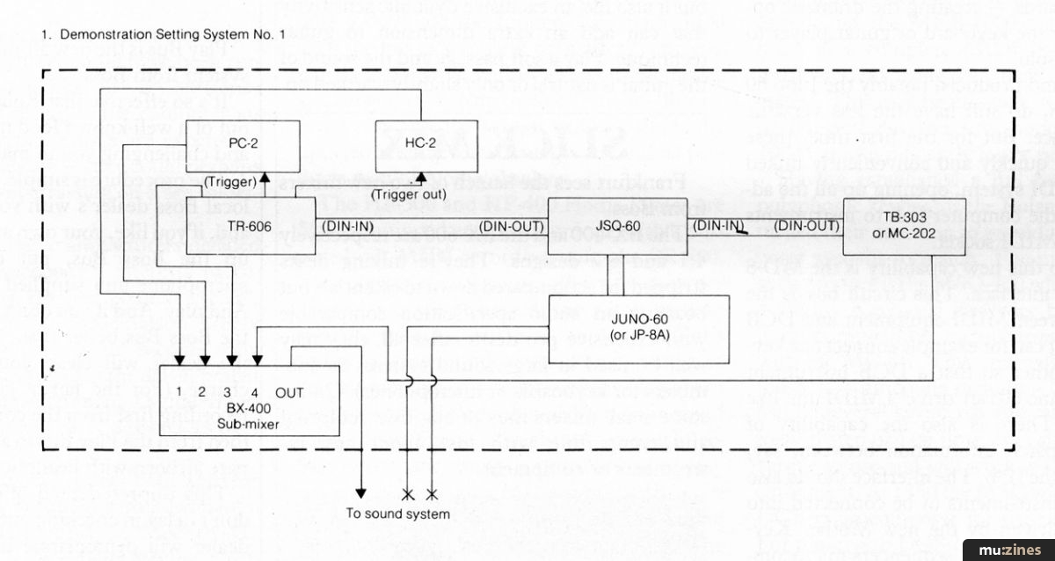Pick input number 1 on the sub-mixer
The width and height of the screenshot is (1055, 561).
point(178,391)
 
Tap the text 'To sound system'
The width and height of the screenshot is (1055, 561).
point(398,514)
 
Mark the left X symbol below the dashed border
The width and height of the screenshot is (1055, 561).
point(409,492)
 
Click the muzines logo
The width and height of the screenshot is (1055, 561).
point(1013,550)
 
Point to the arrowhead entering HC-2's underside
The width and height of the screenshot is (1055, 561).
point(419,176)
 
